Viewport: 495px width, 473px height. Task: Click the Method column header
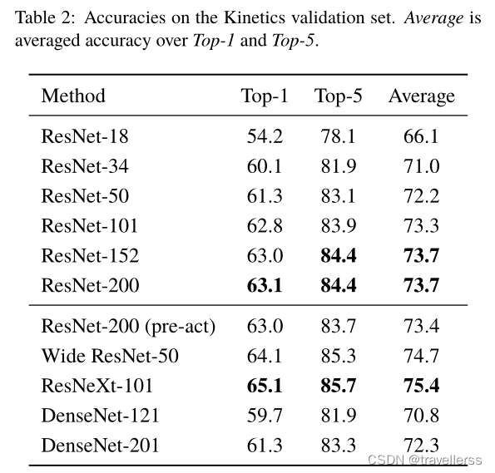pyautogui.click(x=73, y=96)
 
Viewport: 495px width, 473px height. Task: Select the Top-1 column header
pyautogui.click(x=265, y=96)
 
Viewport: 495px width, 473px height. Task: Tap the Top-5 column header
pyautogui.click(x=338, y=96)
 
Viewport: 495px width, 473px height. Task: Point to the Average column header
pyautogui.click(x=422, y=96)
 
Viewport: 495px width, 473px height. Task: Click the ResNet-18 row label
pyautogui.click(x=85, y=136)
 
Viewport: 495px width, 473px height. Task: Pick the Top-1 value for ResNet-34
pyautogui.click(x=265, y=166)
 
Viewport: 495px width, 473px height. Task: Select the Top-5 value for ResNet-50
pyautogui.click(x=338, y=196)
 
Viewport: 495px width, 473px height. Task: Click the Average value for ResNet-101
pyautogui.click(x=422, y=226)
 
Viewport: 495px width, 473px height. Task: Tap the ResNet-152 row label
pyautogui.click(x=90, y=255)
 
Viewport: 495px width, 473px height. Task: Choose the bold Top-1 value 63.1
pyautogui.click(x=265, y=285)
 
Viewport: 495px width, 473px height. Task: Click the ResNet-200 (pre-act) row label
pyautogui.click(x=128, y=326)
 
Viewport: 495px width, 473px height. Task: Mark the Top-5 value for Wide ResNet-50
pyautogui.click(x=338, y=356)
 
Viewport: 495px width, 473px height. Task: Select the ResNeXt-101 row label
pyautogui.click(x=97, y=386)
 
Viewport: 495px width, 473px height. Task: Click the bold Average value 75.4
pyautogui.click(x=422, y=386)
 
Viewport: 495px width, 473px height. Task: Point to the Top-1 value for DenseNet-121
pyautogui.click(x=265, y=416)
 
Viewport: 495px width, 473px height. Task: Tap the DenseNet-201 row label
pyautogui.click(x=100, y=446)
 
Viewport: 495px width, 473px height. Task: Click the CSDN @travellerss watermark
pyautogui.click(x=425, y=460)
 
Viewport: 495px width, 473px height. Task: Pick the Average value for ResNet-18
pyautogui.click(x=422, y=136)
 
